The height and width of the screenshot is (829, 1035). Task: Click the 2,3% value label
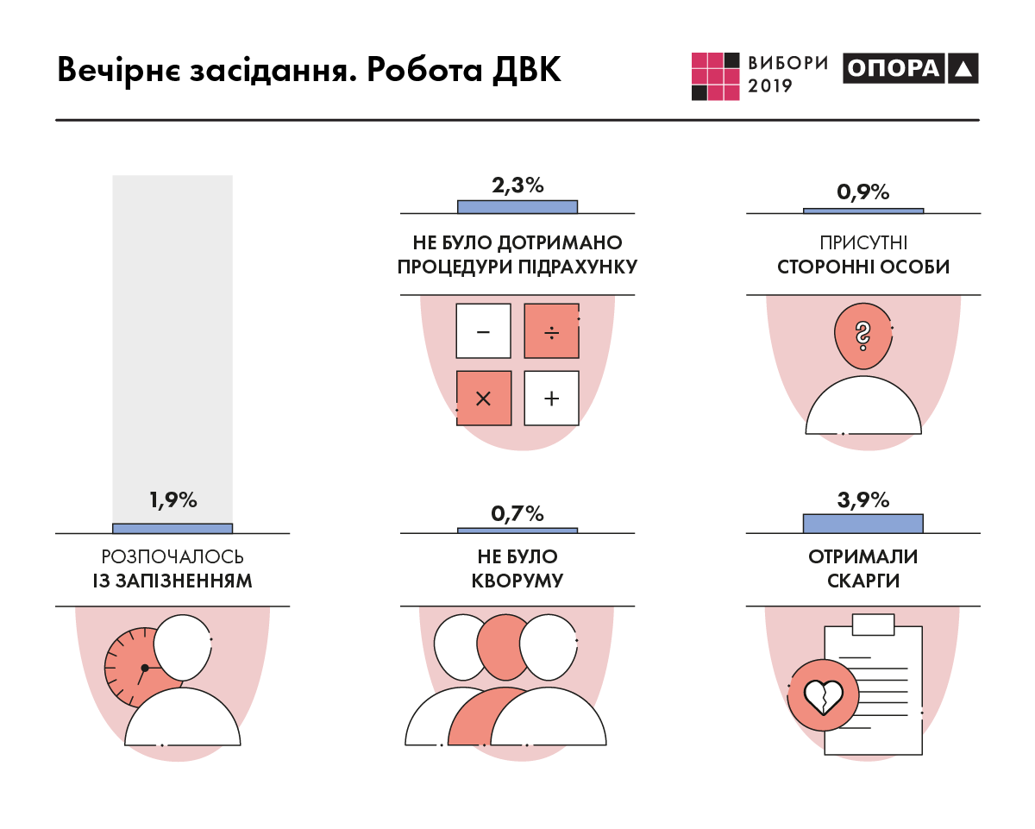click(x=517, y=185)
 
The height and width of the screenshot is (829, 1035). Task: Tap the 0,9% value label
click(x=862, y=192)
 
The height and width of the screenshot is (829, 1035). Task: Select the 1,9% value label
click(x=173, y=500)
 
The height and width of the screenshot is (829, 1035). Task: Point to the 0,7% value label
click(x=517, y=514)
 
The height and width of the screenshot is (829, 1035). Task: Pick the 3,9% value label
click(x=862, y=500)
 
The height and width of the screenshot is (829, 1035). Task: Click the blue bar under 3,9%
click(x=862, y=524)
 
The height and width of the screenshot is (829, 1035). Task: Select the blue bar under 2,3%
click(x=517, y=206)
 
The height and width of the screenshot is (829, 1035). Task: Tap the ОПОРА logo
click(x=910, y=69)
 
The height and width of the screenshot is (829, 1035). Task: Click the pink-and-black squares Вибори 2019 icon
click(x=716, y=76)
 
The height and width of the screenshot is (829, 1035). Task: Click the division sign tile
click(x=551, y=331)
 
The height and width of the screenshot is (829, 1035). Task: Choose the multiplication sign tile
click(x=483, y=398)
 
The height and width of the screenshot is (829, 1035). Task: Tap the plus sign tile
click(x=551, y=398)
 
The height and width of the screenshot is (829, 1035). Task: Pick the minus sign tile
click(x=483, y=331)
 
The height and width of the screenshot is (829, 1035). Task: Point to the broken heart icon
click(x=823, y=695)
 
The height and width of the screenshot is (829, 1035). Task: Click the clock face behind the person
click(x=129, y=667)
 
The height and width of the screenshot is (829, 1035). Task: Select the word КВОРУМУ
click(x=517, y=581)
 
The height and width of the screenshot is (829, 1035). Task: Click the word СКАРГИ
click(x=862, y=581)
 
